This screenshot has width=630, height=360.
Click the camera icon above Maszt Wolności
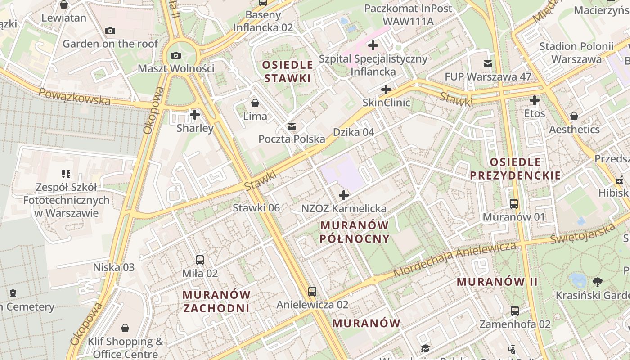click(x=176, y=56)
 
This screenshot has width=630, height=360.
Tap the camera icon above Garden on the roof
click(x=110, y=31)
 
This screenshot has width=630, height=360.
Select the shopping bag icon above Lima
click(x=255, y=103)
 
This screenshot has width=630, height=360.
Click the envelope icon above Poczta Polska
click(x=292, y=126)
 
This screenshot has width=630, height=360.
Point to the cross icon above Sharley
click(x=195, y=115)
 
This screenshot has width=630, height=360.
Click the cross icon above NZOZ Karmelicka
click(x=344, y=195)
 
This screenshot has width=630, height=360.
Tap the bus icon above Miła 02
click(x=200, y=260)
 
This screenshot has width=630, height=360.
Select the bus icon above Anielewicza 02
click(x=312, y=292)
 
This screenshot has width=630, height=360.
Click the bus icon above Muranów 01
click(x=514, y=204)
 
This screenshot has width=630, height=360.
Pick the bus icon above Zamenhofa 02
click(x=515, y=311)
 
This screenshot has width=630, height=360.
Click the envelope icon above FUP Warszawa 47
click(x=488, y=64)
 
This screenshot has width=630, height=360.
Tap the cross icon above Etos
click(x=535, y=100)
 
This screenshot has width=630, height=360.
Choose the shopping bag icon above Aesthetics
click(x=574, y=117)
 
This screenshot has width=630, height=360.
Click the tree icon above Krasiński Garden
click(x=598, y=282)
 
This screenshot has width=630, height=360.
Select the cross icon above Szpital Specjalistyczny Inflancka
click(x=373, y=45)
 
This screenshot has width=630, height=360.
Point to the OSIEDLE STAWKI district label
click(x=288, y=72)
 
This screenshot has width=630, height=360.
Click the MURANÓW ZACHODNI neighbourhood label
click(x=216, y=301)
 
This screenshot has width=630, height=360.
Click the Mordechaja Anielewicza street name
click(x=454, y=260)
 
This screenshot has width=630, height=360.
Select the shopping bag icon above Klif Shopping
click(x=125, y=328)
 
